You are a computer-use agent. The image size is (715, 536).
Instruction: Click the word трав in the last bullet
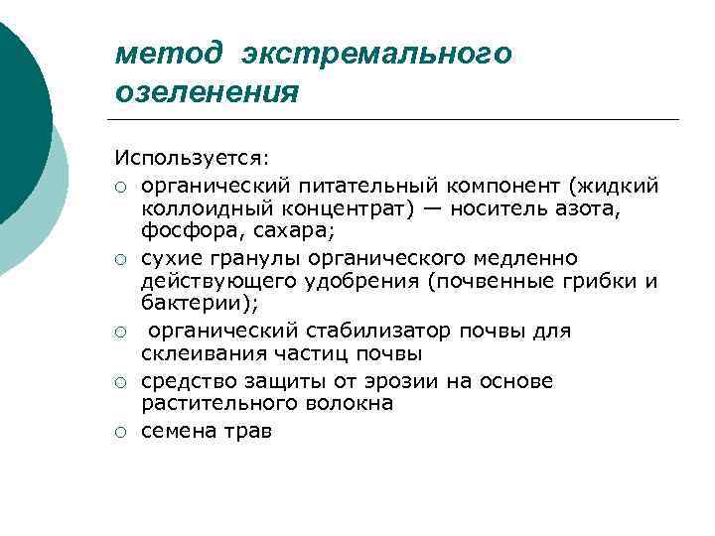pyautogui.click(x=248, y=431)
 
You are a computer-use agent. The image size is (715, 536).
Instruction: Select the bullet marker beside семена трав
pyautogui.click(x=119, y=432)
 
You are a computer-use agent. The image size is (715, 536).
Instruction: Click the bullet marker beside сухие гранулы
pyautogui.click(x=119, y=259)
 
